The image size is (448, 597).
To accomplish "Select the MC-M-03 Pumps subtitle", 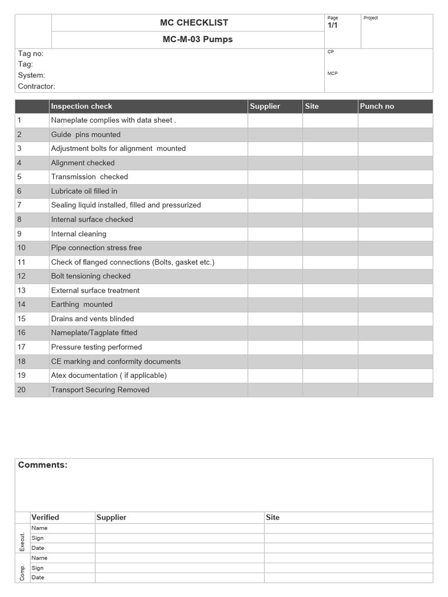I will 189,40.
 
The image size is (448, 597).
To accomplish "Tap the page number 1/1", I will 332,26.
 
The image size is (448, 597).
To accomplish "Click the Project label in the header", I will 371,18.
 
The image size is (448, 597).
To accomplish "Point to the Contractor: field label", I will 36,86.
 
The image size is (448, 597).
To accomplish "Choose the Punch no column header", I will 377,106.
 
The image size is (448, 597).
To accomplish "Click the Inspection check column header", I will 81,106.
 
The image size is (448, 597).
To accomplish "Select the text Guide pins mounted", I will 86,135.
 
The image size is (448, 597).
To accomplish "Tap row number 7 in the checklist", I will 19,205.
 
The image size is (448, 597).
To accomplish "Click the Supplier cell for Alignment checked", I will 275,163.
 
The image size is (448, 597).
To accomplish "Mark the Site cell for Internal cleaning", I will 330,234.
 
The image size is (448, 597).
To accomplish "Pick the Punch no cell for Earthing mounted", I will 395,304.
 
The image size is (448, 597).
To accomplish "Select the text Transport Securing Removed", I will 100,389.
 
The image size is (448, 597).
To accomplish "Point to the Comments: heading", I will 43,465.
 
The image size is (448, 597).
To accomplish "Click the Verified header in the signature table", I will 45,517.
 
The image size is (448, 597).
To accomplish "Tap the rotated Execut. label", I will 23,538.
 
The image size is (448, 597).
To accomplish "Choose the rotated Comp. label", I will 23,568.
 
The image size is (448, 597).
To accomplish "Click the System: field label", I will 31,75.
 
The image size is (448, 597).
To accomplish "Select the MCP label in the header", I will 332,73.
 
